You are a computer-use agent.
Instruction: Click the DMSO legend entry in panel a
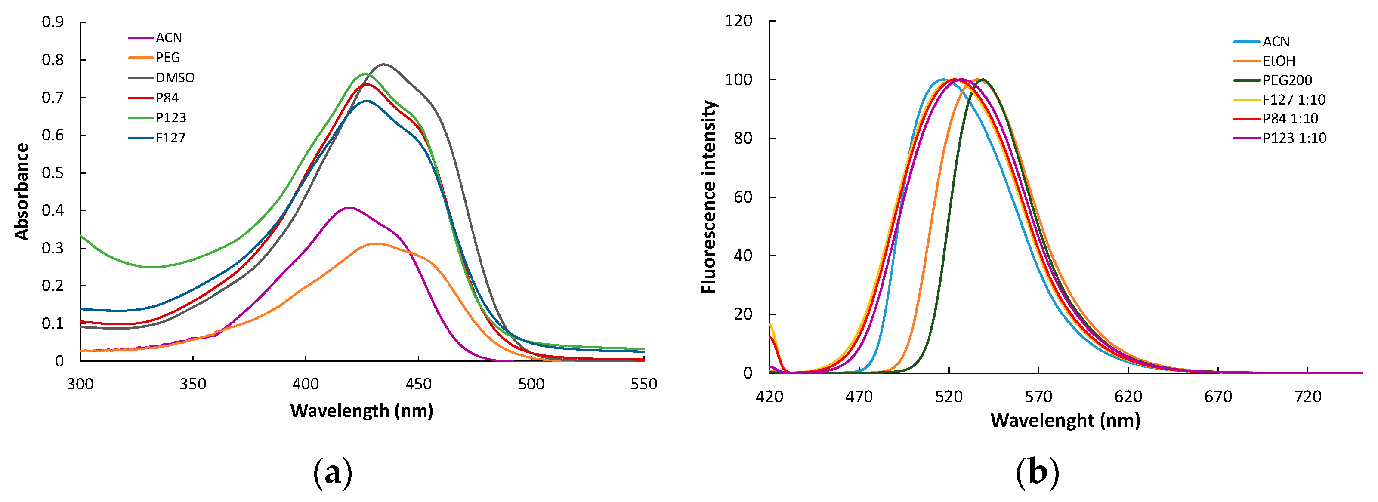coord(174,77)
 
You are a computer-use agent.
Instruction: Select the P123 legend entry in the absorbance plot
coord(171,117)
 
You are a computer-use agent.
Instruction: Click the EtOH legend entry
coord(1279,61)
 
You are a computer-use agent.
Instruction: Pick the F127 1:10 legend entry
coord(1294,99)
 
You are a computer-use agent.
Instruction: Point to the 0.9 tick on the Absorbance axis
coord(53,22)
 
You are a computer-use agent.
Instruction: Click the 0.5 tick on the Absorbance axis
coord(53,172)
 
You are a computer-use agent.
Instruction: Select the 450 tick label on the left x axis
coord(418,384)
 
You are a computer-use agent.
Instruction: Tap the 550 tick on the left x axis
coord(643,384)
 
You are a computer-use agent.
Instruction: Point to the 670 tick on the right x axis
coord(1218,396)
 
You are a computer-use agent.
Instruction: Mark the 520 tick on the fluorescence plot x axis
coord(949,396)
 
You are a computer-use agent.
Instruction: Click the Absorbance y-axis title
coord(22,191)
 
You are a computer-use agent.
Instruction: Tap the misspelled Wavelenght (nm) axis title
coord(1065,420)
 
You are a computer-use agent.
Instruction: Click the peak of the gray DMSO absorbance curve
coord(383,64)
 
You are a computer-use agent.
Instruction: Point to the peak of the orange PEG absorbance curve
coord(376,244)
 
